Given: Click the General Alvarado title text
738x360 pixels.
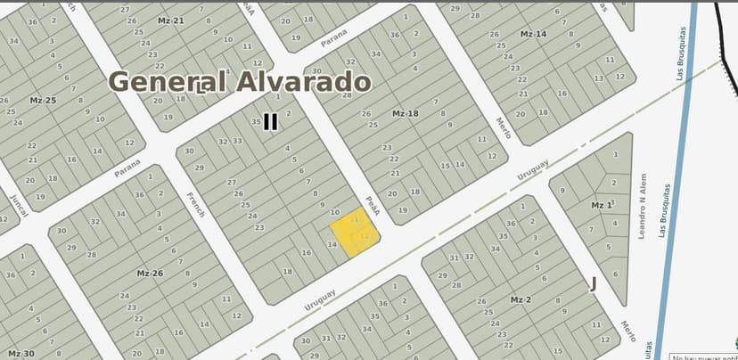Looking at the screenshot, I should click(x=239, y=82).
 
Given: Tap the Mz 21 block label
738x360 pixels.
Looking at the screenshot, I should click(x=170, y=20).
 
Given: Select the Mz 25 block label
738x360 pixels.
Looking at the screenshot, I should click(x=42, y=100).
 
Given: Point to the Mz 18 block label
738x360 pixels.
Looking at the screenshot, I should click(x=406, y=114).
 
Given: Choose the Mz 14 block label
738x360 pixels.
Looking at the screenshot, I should click(x=533, y=34).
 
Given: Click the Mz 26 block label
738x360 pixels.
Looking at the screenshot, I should click(x=150, y=273).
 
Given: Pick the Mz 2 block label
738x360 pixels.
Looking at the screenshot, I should click(x=521, y=299).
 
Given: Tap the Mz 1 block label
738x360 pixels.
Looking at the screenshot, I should click(x=602, y=206).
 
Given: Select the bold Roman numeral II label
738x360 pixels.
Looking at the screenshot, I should click(x=270, y=123).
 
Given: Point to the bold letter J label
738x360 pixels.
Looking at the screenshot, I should click(x=592, y=283).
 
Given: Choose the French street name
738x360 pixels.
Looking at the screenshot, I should click(x=195, y=203).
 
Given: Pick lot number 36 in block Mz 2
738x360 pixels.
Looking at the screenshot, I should click(x=511, y=224).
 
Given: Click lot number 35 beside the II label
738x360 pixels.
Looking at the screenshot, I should click(x=256, y=122).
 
